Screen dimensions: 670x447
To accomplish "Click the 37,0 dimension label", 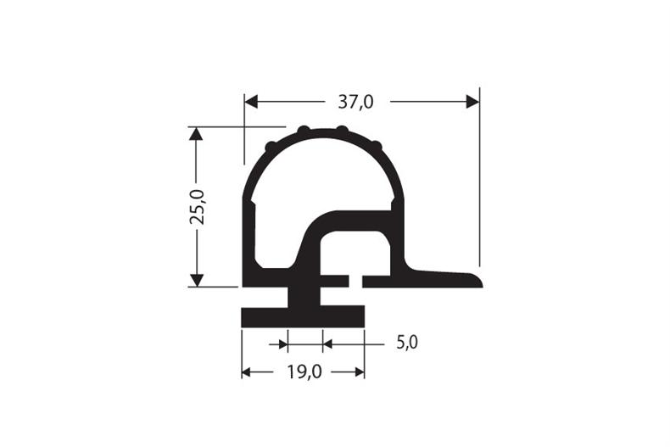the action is (x=355, y=102).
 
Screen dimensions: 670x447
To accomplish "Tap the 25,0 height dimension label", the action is (x=198, y=207).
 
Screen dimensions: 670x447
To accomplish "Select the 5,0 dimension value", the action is (x=407, y=343).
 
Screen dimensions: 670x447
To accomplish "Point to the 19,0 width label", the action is (x=304, y=372).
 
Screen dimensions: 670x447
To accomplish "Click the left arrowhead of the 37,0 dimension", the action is (x=251, y=102).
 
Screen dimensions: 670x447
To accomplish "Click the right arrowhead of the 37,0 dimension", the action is (x=472, y=102).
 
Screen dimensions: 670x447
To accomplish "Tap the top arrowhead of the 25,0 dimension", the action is (x=196, y=134).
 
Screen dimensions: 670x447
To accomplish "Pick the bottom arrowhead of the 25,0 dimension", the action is (x=196, y=280).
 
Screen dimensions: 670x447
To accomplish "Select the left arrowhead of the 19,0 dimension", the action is (x=246, y=372).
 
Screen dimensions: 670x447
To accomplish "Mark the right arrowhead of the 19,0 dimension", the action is (x=360, y=372).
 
